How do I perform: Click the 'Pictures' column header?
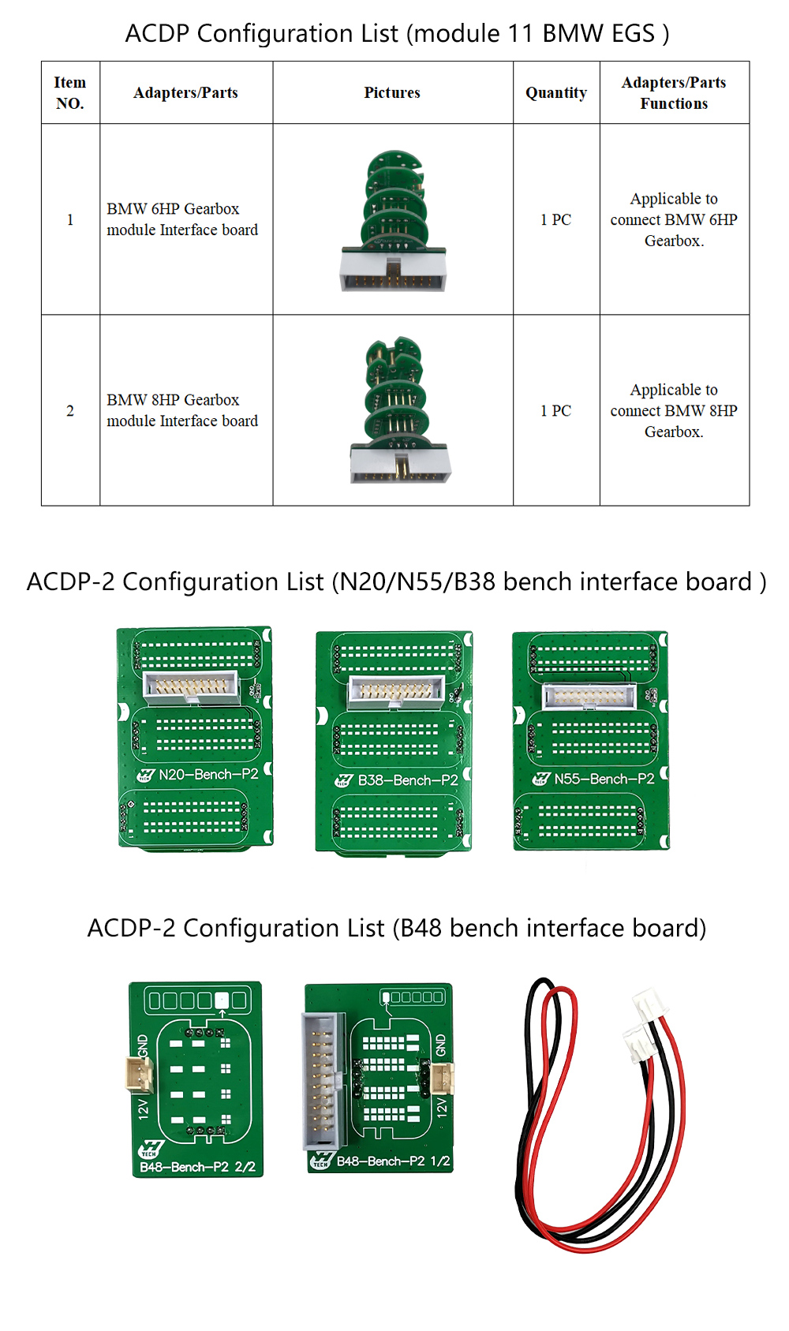coord(392,93)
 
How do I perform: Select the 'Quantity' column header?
coord(556,93)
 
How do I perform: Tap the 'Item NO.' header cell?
coord(70,93)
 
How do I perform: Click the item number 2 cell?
coord(70,411)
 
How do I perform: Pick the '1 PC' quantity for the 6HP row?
coord(555,220)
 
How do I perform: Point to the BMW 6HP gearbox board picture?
coord(393,221)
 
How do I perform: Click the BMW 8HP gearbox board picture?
coord(399,410)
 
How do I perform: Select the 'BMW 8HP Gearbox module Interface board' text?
coord(182,410)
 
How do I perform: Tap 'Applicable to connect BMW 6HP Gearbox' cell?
coord(674,220)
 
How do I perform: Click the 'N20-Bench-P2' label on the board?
coord(208,775)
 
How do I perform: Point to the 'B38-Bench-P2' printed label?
coord(407,780)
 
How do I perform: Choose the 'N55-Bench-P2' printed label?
coord(604,780)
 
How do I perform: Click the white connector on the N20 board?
coord(192,687)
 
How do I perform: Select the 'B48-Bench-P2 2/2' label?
coord(197,1167)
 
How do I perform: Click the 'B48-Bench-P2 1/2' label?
coord(393,1161)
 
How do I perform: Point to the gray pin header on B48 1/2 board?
coord(321,1080)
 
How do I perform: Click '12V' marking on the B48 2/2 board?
coord(144,1109)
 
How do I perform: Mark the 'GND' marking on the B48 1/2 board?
coord(440,1045)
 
